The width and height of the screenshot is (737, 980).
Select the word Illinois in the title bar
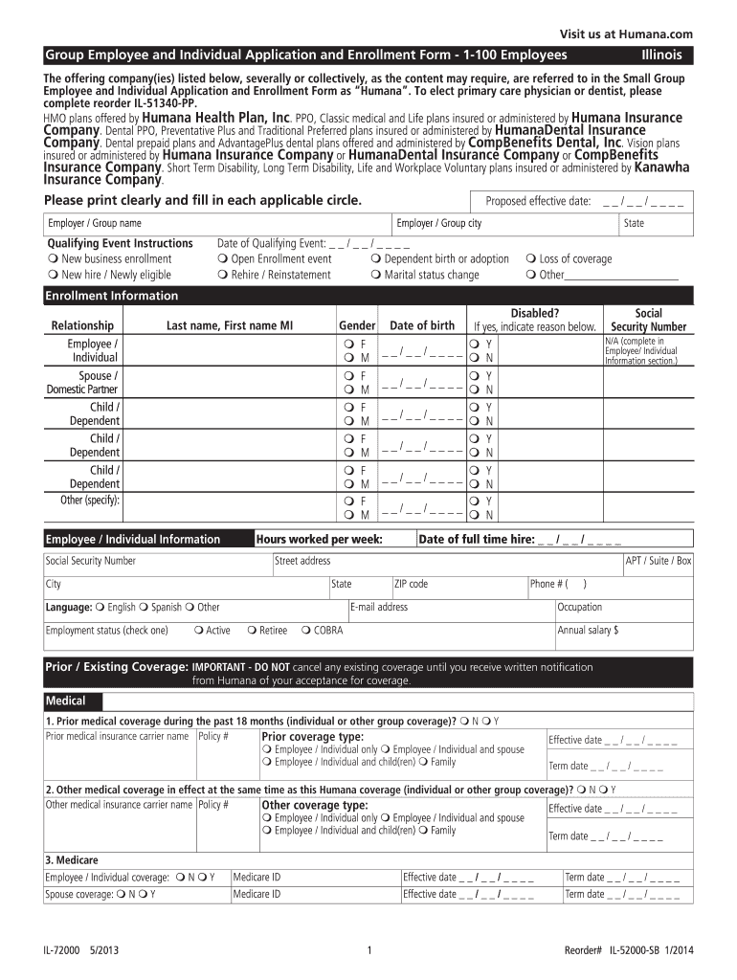[x=660, y=55]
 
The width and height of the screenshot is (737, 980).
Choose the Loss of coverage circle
[x=531, y=259]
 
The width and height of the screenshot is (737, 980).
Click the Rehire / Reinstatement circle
[x=222, y=276]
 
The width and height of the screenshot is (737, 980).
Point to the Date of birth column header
[x=422, y=325]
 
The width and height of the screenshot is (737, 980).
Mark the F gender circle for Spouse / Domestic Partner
[x=348, y=376]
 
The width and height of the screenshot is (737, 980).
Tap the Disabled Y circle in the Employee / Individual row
[x=474, y=344]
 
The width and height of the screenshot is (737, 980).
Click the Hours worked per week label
[x=319, y=540]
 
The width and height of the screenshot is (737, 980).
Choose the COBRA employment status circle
[x=305, y=631]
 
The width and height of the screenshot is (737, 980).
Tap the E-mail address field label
[x=379, y=607]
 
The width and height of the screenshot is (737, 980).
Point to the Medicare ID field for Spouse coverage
[x=315, y=895]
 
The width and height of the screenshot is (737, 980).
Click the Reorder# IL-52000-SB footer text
[x=628, y=950]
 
